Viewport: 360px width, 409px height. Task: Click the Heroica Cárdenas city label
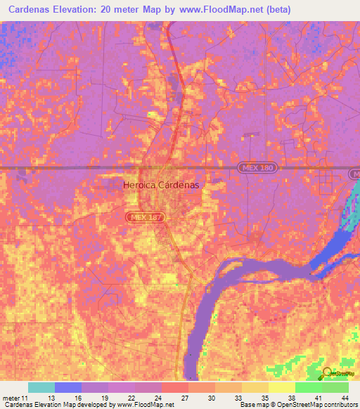click(161, 185)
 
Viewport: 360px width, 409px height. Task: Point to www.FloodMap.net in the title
click(219, 11)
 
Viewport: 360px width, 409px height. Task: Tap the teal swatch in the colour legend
click(41, 387)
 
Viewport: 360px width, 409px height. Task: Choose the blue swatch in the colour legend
click(67, 387)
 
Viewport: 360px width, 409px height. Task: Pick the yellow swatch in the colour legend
click(281, 387)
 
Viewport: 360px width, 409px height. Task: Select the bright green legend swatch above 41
click(308, 387)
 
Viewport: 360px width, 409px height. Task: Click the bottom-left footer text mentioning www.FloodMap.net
click(88, 405)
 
